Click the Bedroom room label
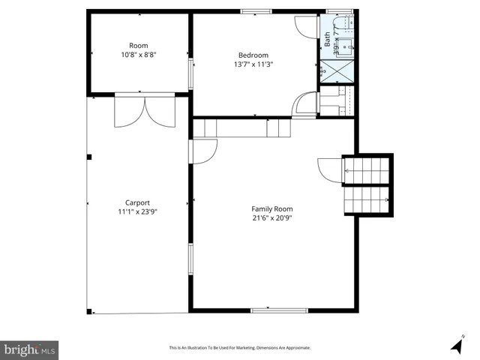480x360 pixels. point(253,55)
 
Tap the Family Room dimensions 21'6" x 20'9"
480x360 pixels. point(271,217)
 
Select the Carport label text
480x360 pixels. point(137,202)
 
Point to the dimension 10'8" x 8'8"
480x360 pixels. point(138,55)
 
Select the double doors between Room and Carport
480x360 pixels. point(144,111)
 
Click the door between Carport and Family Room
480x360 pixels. point(202,152)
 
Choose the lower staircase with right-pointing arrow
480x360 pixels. point(367,199)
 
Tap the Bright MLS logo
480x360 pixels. point(29,349)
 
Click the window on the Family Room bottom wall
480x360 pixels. point(279,310)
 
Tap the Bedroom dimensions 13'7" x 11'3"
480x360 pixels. point(253,64)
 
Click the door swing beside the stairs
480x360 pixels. point(329,169)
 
